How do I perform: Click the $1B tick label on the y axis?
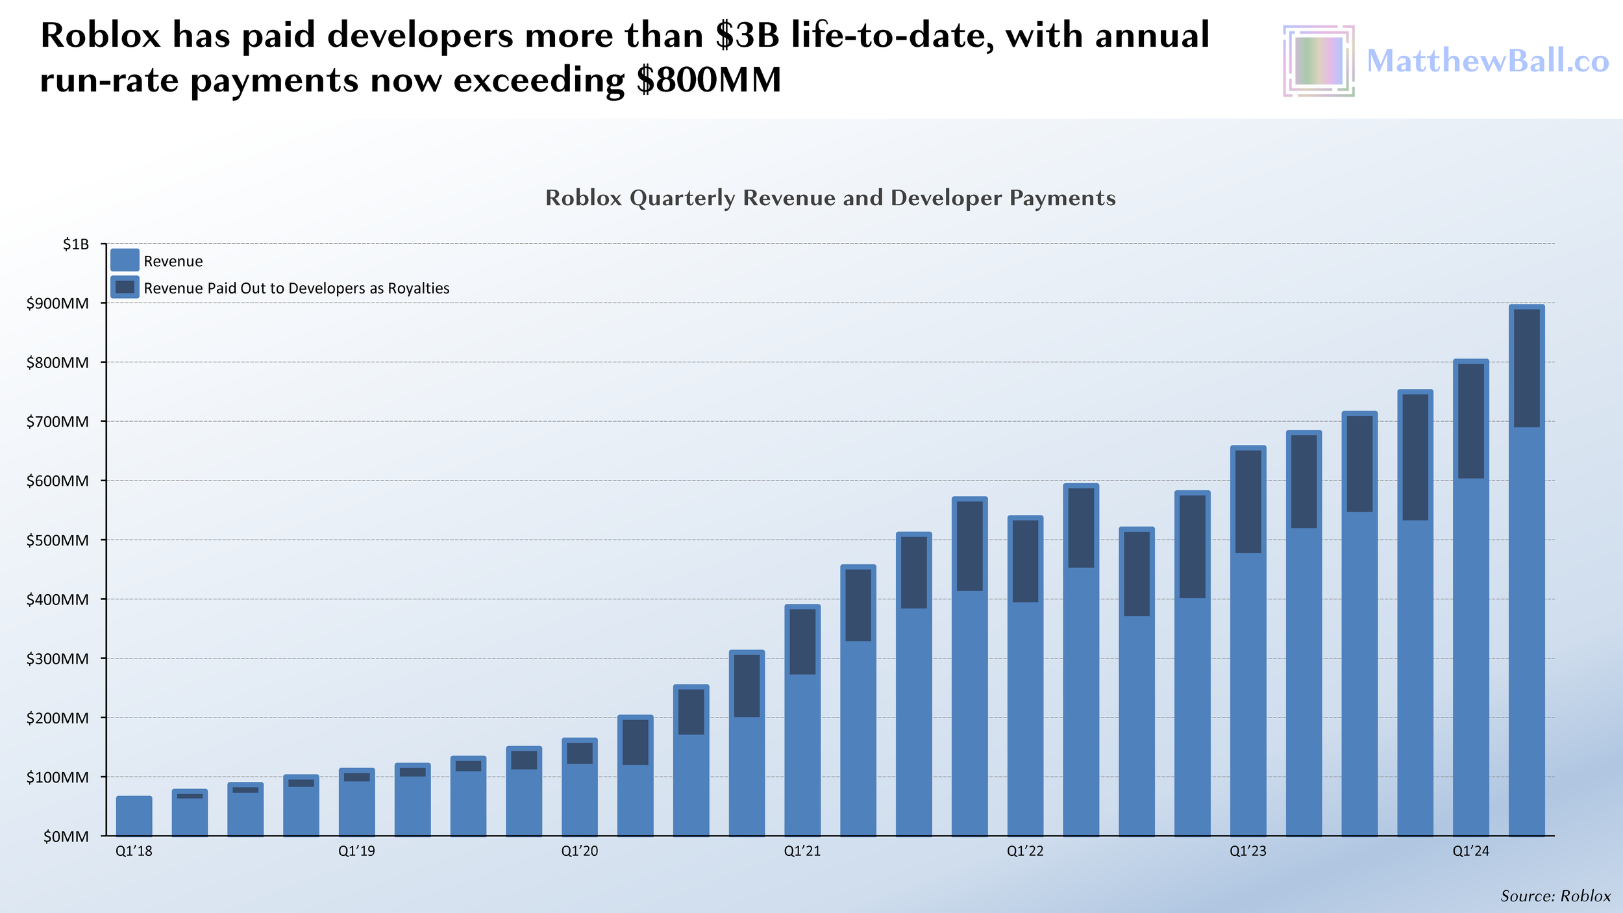75,244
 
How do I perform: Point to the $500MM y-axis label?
57,540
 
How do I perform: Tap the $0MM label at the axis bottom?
66,836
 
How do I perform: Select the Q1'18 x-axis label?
134,851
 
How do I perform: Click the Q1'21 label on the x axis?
802,851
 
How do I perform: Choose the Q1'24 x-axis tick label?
1470,851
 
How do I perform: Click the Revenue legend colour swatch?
125,260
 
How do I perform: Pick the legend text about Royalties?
296,288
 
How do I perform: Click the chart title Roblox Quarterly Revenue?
830,198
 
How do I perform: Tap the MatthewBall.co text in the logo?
1487,61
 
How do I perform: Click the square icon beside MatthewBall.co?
1318,61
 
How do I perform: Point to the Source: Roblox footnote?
1555,896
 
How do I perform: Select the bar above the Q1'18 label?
134,816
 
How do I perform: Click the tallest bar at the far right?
1526,649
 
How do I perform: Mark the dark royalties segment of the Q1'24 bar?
1470,421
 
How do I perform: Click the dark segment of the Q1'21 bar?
802,642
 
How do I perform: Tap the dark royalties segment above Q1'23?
1248,501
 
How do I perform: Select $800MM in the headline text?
708,81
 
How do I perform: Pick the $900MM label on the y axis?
57,303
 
